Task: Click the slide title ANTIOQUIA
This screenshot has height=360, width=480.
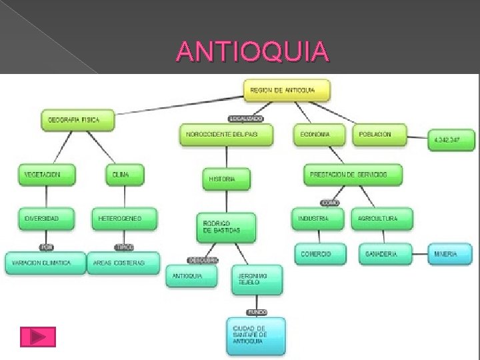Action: (253, 51)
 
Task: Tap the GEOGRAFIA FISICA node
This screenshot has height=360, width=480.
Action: (77, 121)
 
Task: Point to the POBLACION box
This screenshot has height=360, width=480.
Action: (381, 135)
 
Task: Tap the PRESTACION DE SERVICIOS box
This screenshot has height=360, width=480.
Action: (353, 175)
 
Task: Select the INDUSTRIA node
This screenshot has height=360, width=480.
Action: (319, 219)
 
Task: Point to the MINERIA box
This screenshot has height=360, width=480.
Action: (450, 254)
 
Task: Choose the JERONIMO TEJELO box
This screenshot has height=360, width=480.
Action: (257, 279)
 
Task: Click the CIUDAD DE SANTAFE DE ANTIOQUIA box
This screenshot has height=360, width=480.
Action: (256, 335)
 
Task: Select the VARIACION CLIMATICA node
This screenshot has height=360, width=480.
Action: (46, 263)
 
